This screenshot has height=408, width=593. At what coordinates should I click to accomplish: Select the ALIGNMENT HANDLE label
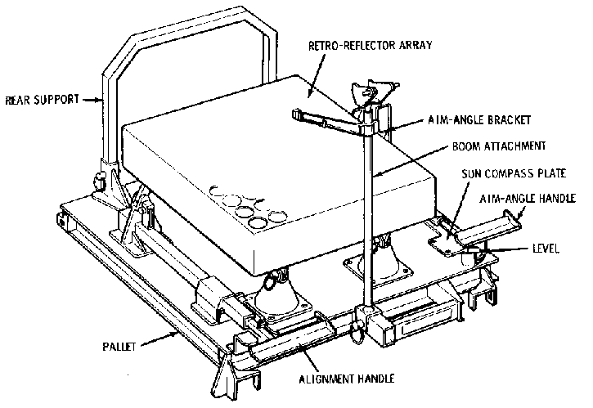point(347,378)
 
